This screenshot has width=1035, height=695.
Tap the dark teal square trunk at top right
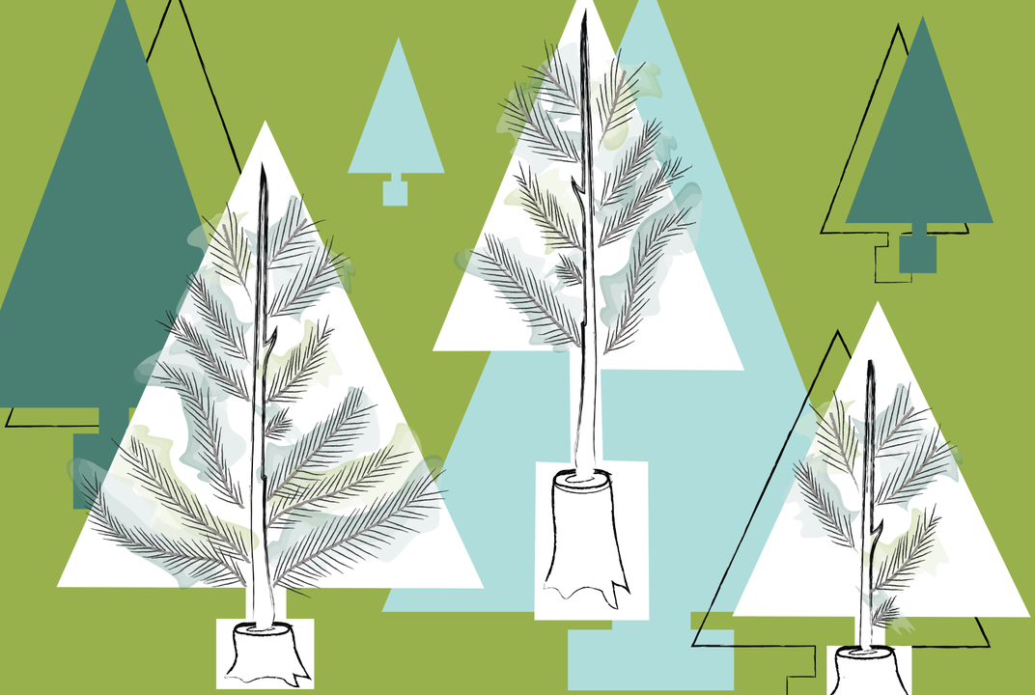tap(917, 253)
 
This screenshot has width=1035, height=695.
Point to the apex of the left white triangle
tap(264, 125)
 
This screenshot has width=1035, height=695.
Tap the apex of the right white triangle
tap(877, 304)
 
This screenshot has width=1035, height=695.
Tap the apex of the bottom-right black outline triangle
tap(837, 333)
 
